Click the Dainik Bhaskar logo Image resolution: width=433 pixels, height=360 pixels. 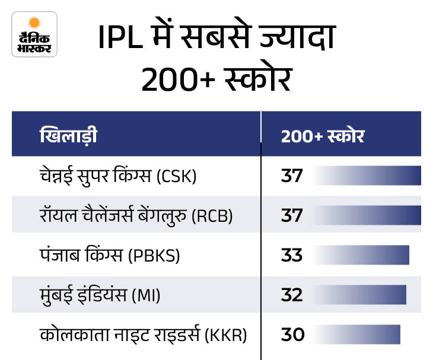click(34, 34)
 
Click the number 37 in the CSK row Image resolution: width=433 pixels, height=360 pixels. click(292, 176)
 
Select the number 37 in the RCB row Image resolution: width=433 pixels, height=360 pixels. click(292, 215)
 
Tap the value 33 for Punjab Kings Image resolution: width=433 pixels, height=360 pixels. click(292, 255)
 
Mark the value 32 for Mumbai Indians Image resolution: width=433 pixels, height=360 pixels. click(292, 295)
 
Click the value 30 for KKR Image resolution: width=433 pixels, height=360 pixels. click(292, 334)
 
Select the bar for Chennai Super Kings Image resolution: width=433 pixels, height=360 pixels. click(368, 176)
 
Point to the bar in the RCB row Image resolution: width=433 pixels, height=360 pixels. click(368, 215)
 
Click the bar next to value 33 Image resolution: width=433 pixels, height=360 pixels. click(362, 255)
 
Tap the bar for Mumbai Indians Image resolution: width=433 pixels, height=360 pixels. click(361, 295)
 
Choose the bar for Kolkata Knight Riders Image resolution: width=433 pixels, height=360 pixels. click(358, 334)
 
